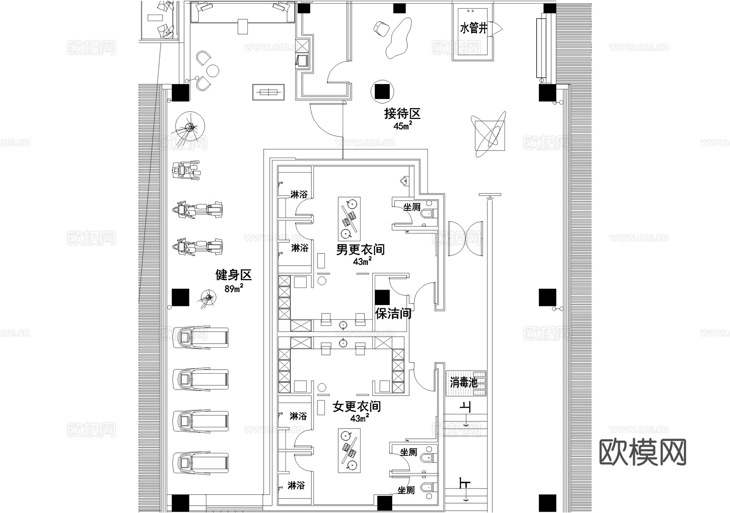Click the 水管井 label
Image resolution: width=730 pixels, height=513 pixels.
[x=473, y=29]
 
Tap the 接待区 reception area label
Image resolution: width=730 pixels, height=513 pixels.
[x=402, y=113]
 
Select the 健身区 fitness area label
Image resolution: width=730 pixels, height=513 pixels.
[x=233, y=275]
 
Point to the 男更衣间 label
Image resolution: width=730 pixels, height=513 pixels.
[x=360, y=249]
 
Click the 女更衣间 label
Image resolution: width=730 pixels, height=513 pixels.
[x=357, y=406]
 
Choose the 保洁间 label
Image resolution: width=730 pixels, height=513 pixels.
[x=393, y=314]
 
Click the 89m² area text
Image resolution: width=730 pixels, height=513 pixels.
[x=234, y=289]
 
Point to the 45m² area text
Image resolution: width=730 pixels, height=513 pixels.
[x=402, y=126]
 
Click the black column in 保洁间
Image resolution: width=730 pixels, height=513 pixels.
[x=382, y=297]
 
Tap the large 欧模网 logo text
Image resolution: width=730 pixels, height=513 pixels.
[x=642, y=452]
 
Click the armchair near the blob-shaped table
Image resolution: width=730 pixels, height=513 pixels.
[x=381, y=28]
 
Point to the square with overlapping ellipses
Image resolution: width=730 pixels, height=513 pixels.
[x=490, y=135]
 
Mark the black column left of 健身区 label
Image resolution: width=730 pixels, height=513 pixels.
[x=180, y=297]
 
